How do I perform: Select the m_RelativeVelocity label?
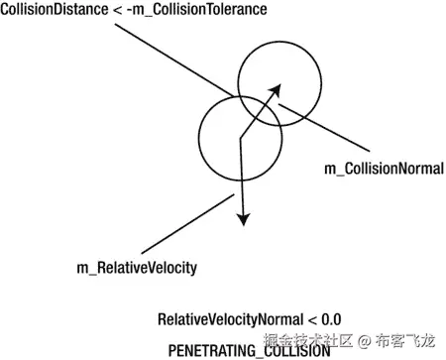click(x=137, y=267)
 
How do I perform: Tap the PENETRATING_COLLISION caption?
click(x=249, y=350)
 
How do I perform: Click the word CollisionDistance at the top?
click(x=48, y=10)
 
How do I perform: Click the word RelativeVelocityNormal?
click(x=226, y=319)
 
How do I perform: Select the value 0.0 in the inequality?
click(x=330, y=319)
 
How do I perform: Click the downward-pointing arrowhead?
click(x=241, y=217)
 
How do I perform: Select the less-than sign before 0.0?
click(x=311, y=319)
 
